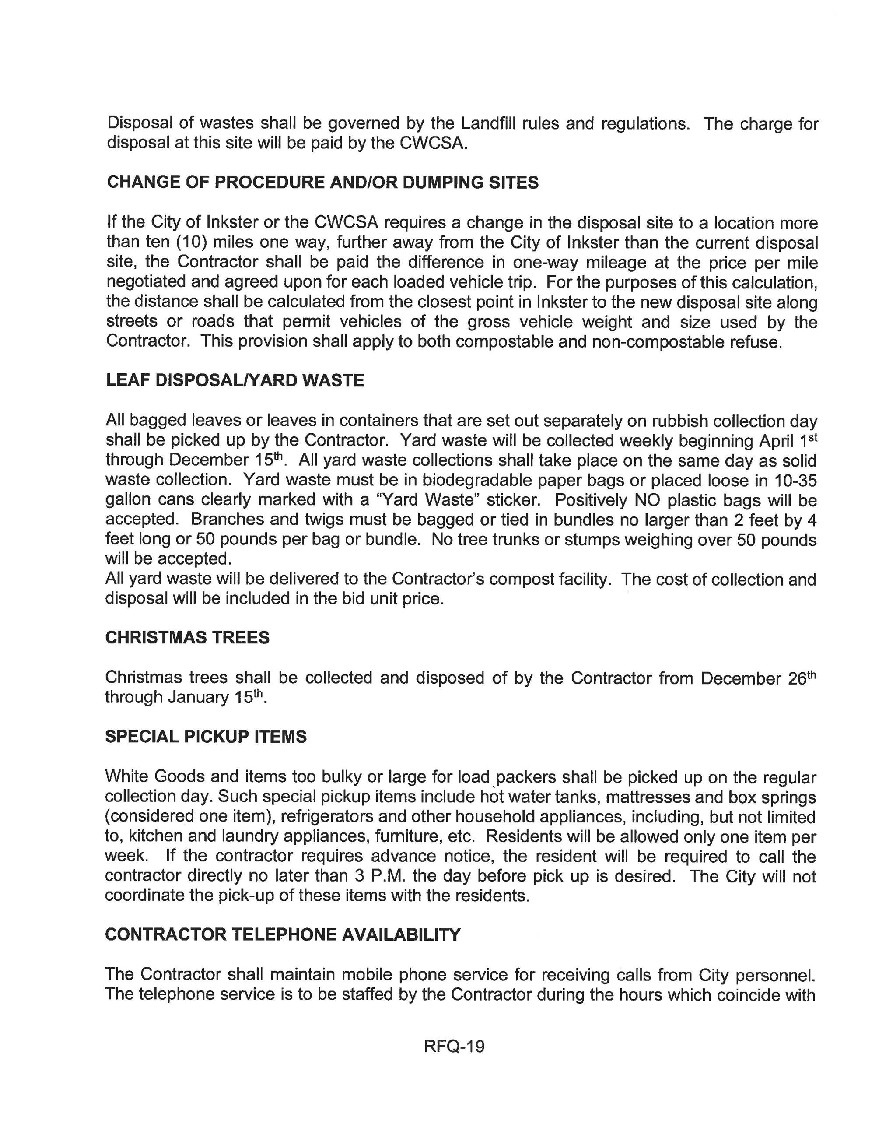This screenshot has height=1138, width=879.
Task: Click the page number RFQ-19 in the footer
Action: [454, 1046]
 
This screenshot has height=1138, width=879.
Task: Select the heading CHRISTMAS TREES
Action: [187, 637]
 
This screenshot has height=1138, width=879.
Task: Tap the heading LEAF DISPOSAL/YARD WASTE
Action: [235, 380]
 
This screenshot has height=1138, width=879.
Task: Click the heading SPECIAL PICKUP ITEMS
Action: [206, 736]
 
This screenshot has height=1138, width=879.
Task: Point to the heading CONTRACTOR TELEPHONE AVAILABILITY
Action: [283, 934]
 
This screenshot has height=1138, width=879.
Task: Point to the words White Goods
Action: [155, 776]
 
